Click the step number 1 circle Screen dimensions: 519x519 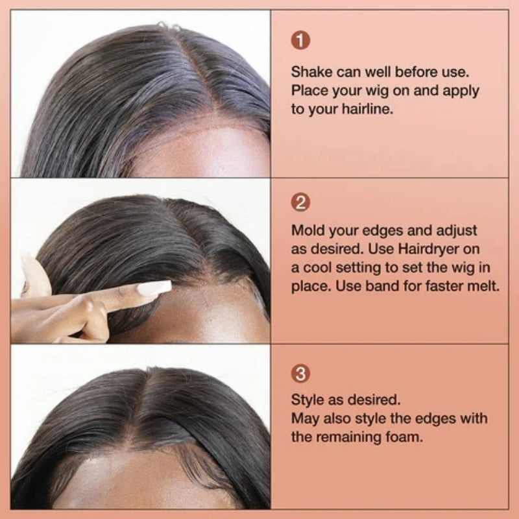tap(300, 40)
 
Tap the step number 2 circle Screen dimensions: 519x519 tap(300, 202)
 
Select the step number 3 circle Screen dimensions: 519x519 tap(300, 374)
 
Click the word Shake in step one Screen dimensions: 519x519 tap(310, 71)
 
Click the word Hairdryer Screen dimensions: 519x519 tap(424, 248)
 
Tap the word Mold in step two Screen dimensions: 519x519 tap(306, 230)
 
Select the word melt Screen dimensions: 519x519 tap(483, 285)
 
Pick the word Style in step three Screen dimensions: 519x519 tap(307, 400)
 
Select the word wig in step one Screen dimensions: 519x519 tap(368, 90)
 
